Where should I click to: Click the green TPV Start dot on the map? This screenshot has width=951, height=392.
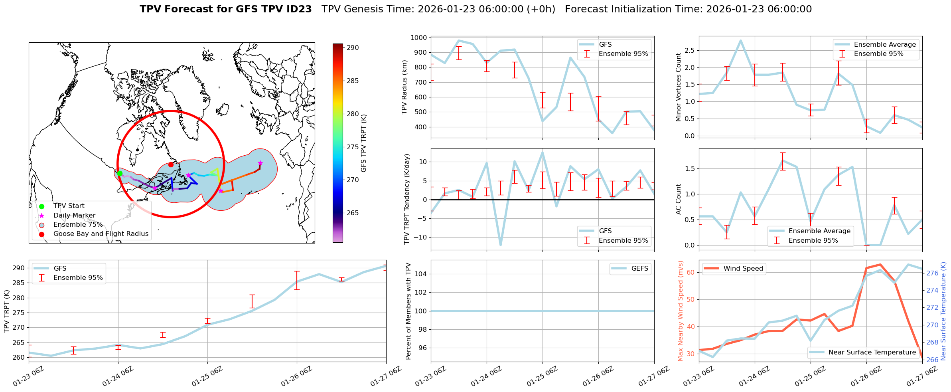point(119,173)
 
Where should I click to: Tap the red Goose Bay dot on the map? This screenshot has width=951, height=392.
point(171,164)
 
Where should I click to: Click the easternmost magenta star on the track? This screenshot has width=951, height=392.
point(260,163)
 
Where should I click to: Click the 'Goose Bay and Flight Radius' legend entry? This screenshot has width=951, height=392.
point(101,234)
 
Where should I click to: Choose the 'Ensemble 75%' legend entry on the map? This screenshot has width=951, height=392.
point(78,225)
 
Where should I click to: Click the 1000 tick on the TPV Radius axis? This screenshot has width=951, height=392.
point(419,38)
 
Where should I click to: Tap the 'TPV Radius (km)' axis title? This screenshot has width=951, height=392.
point(404,87)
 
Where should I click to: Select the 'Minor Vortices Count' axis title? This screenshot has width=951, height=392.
point(679,87)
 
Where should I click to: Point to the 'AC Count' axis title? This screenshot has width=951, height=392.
point(679,199)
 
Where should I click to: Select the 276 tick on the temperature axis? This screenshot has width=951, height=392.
point(932,273)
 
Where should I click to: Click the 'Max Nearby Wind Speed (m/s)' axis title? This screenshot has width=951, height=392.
point(681,311)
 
